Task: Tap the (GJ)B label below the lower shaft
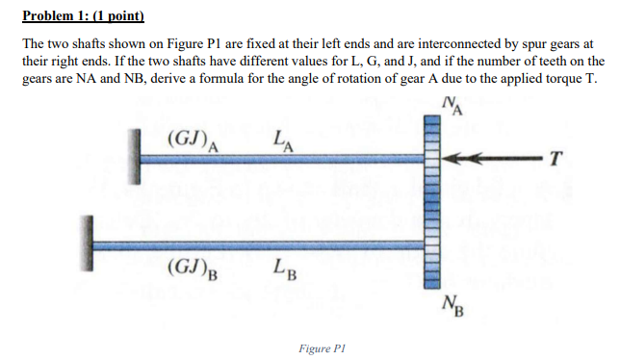tap(192, 266)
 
